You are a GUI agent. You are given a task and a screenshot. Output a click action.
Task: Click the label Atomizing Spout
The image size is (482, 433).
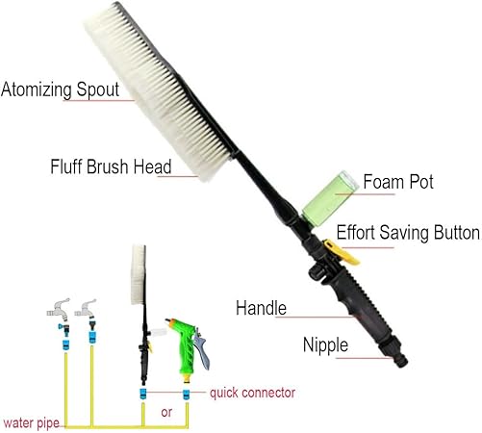pyautogui.click(x=61, y=89)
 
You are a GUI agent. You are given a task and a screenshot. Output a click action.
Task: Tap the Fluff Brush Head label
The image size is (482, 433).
pyautogui.click(x=111, y=166)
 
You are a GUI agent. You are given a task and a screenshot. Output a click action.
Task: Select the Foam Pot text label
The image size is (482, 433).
pyautogui.click(x=398, y=182)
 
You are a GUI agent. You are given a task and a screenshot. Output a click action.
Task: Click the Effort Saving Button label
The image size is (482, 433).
pyautogui.click(x=408, y=233)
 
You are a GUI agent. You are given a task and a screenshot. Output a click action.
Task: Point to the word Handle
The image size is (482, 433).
pyautogui.click(x=261, y=308)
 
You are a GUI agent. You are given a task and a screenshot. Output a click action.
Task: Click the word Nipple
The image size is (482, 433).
pyautogui.click(x=325, y=345)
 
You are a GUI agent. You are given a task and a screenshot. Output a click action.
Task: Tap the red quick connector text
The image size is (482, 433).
pyautogui.click(x=252, y=393)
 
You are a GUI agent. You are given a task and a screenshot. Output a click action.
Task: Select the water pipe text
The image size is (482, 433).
pyautogui.click(x=32, y=423)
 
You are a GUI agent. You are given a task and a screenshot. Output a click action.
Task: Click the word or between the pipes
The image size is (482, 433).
pyautogui.click(x=166, y=413)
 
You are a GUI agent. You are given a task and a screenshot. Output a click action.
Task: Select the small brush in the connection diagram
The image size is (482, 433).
pyautogui.click(x=141, y=315)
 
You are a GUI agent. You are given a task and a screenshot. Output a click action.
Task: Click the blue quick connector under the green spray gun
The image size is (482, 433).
pyautogui.click(x=186, y=395)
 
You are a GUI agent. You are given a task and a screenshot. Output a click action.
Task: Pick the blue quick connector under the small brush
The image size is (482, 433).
pyautogui.click(x=143, y=394)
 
